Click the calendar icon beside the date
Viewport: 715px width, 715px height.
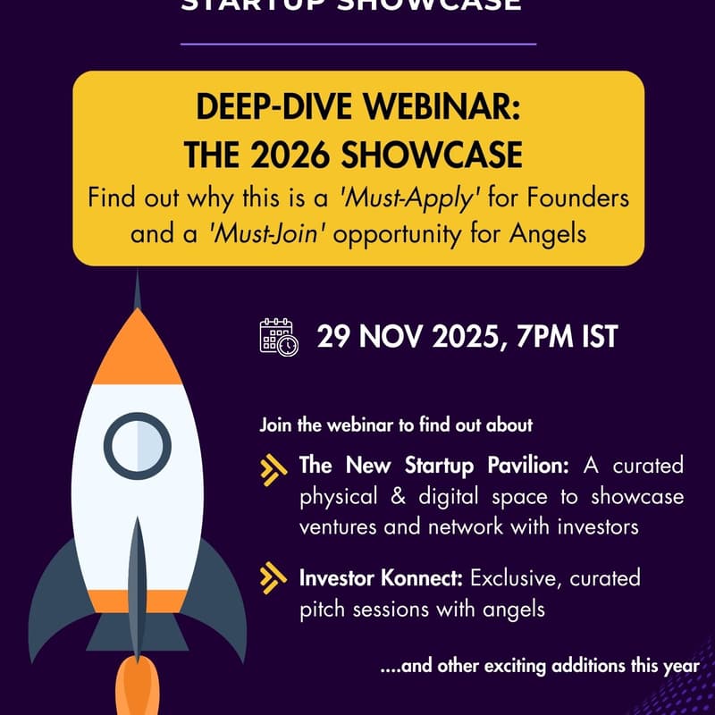[279, 338]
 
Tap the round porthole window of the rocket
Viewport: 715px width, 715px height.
[137, 444]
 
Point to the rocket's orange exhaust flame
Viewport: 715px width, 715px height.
[136, 688]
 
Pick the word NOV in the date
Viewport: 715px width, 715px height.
[390, 339]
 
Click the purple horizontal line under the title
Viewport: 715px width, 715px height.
[357, 42]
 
